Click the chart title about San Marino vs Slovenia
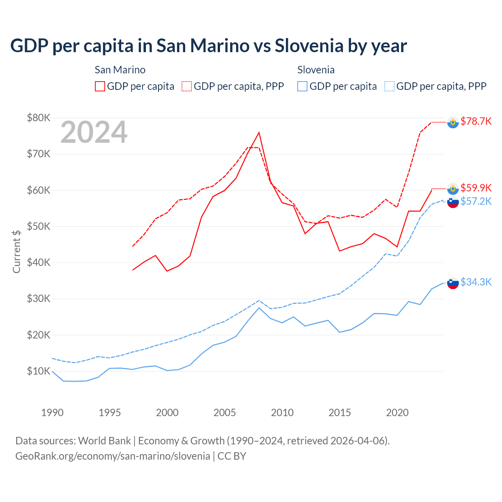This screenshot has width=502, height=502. [208, 46]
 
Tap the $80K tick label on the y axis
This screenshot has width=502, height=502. [39, 118]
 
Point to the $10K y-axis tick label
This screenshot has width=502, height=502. [39, 371]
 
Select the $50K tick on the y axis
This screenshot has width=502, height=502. [39, 226]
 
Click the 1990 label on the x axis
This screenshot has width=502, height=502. [52, 413]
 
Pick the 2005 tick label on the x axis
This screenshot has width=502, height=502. [225, 413]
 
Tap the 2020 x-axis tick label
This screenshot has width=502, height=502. [397, 413]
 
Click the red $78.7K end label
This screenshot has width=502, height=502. [476, 121]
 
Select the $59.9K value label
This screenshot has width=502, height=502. [476, 188]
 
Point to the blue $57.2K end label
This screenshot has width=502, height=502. [476, 201]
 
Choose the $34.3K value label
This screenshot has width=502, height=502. [476, 282]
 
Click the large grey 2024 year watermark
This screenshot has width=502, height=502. [94, 132]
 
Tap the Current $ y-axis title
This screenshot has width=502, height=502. [16, 251]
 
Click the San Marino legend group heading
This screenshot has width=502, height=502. [120, 70]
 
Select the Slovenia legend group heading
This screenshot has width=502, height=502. [316, 70]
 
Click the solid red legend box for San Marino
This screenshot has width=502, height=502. [100, 86]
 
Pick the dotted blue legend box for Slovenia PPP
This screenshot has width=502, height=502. [389, 86]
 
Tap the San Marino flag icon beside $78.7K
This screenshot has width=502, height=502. [453, 122]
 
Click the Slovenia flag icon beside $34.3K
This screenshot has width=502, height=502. [453, 283]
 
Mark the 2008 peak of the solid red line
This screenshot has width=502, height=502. [259, 133]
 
